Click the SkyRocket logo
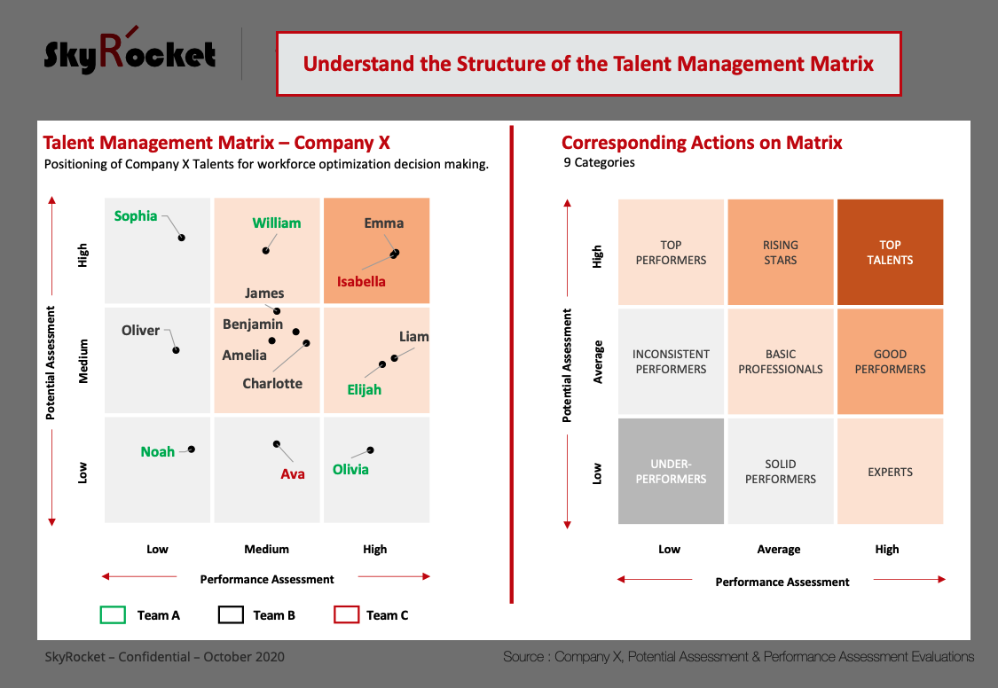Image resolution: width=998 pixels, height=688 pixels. coord(130,51)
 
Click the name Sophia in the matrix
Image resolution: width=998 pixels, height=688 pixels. coord(136,216)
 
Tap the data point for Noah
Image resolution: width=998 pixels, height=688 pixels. coord(191,450)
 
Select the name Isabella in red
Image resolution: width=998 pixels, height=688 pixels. coord(361,282)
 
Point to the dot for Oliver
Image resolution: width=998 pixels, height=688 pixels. coord(177,350)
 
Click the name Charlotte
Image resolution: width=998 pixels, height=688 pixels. coord(272,383)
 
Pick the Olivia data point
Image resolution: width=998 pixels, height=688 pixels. coord(371,450)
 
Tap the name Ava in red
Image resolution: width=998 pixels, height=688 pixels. coord(293,473)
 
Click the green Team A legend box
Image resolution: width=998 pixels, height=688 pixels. coord(114,615)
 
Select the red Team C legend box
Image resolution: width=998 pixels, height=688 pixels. coord(347,615)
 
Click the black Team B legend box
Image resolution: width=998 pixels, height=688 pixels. coord(231,615)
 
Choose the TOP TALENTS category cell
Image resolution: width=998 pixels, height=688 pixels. coord(890,253)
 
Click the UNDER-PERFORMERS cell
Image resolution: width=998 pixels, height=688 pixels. coord(671,471)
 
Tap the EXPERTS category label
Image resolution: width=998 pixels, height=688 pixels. coord(890,472)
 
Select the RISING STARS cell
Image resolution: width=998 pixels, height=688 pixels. coord(781,253)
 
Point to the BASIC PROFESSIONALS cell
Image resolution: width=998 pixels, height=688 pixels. coord(781,362)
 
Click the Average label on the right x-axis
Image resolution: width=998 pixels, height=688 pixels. coord(778,550)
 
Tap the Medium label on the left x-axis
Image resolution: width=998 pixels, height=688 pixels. coord(267,550)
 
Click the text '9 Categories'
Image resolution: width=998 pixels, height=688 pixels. coord(599,163)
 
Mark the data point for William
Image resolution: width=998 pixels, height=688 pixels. coord(266,251)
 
